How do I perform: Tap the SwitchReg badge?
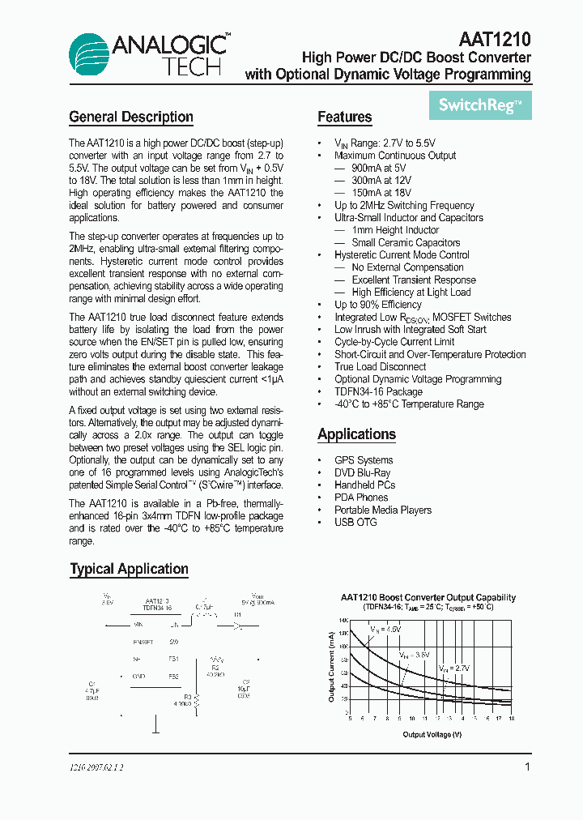(480, 105)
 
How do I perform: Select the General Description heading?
(131, 117)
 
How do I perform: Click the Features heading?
(344, 117)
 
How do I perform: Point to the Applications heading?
(356, 434)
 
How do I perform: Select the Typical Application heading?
(129, 569)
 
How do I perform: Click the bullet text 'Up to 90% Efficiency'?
(377, 305)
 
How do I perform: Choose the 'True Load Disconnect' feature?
(380, 366)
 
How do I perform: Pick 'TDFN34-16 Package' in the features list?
(378, 391)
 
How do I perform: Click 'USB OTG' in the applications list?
(355, 522)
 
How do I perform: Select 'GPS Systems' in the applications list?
(364, 460)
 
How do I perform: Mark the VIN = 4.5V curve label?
(385, 629)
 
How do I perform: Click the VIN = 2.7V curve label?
(454, 668)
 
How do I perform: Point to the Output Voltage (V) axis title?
(432, 735)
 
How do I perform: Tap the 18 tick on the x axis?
(510, 718)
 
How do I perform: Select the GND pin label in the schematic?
(138, 676)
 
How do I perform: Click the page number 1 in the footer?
(528, 767)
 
